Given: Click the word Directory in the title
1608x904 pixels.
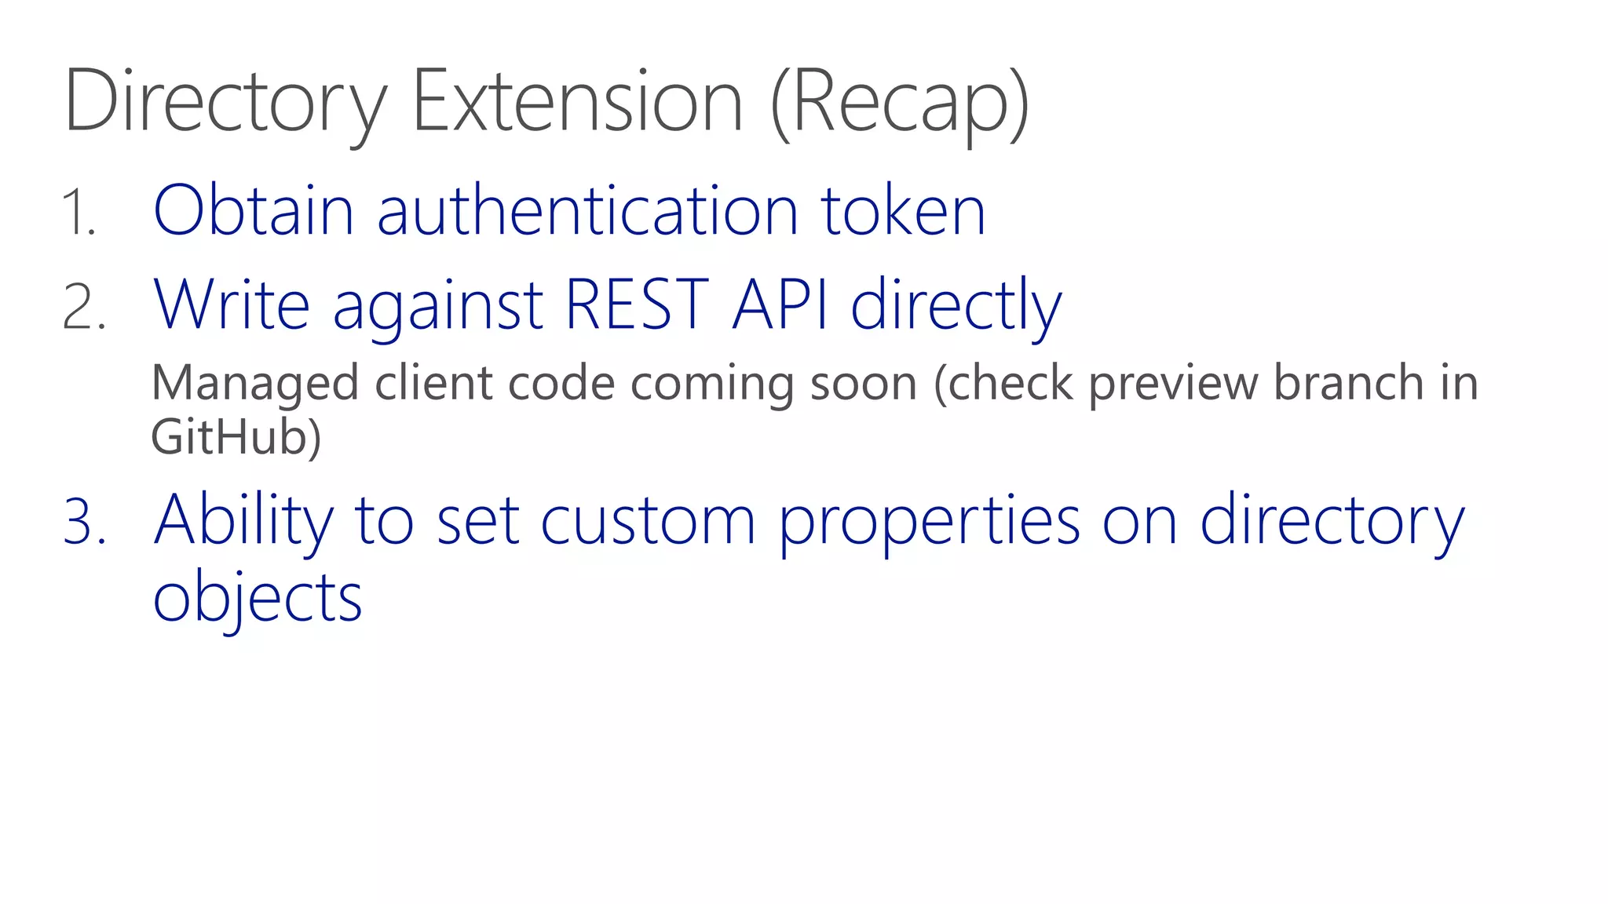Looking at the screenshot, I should [x=226, y=102].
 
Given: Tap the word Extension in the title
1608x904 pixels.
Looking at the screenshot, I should [x=577, y=102].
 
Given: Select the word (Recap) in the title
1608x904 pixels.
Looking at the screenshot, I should [x=900, y=102].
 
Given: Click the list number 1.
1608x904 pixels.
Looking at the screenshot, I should [x=79, y=212].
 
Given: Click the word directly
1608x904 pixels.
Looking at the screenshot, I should [x=956, y=306].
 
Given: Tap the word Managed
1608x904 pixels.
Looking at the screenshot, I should [x=255, y=385].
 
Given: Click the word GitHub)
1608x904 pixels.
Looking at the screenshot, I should [x=236, y=436].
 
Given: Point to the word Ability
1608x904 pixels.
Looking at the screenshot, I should [x=244, y=521].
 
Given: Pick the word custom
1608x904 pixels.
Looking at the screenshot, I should [x=648, y=521].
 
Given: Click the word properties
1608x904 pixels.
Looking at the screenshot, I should [x=930, y=523].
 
